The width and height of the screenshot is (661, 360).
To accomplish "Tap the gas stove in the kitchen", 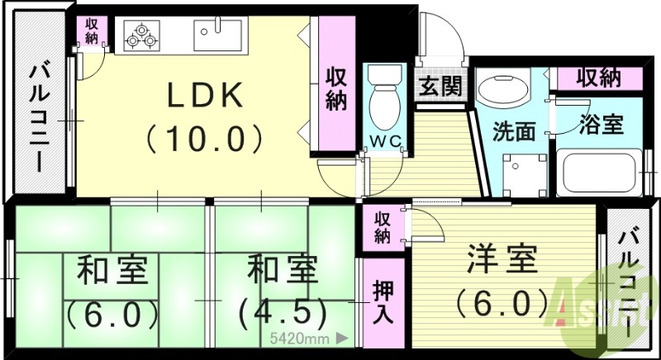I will (x=141, y=36).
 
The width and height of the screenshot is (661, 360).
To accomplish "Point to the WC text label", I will (x=386, y=141).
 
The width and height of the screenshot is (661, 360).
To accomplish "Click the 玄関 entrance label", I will (x=440, y=87).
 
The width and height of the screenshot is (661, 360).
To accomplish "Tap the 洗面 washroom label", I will (x=514, y=130).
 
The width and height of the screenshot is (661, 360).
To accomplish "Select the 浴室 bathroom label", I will (x=601, y=126).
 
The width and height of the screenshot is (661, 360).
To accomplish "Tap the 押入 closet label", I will (x=382, y=303).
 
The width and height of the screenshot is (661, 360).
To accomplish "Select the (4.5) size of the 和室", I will (x=277, y=313).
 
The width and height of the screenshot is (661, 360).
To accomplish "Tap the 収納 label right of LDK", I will (x=335, y=88).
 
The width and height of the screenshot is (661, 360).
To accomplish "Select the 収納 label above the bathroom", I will (x=598, y=78).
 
